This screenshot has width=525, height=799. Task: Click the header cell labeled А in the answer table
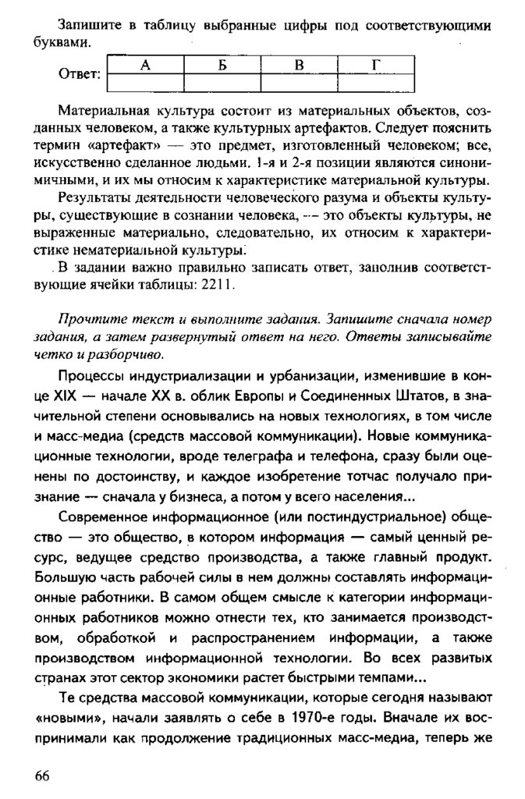[144, 65]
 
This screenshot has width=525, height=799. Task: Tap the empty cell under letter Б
[222, 81]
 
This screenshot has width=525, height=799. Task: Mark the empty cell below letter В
[298, 81]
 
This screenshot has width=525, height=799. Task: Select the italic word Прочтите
[90, 320]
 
